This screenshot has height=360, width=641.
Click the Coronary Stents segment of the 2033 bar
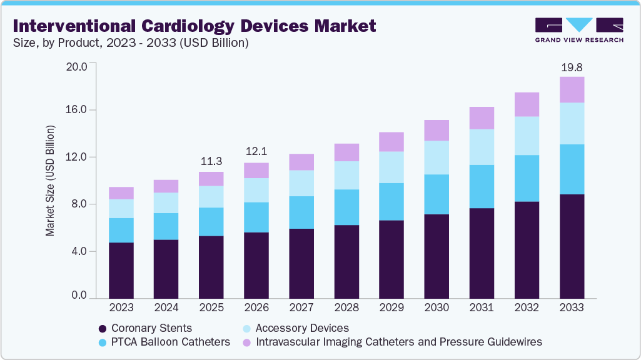(572, 246)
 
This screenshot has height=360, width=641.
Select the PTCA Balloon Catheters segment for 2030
(437, 194)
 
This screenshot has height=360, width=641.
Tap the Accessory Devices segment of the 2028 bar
(346, 176)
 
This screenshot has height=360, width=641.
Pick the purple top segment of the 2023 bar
(121, 193)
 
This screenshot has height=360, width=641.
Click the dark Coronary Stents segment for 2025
(211, 267)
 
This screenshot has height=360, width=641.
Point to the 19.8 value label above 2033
(572, 67)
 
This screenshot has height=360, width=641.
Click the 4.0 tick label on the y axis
(79, 251)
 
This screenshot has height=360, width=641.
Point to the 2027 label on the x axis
(301, 308)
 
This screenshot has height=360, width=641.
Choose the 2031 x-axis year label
(482, 308)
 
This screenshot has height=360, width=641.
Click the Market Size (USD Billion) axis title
(49, 181)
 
